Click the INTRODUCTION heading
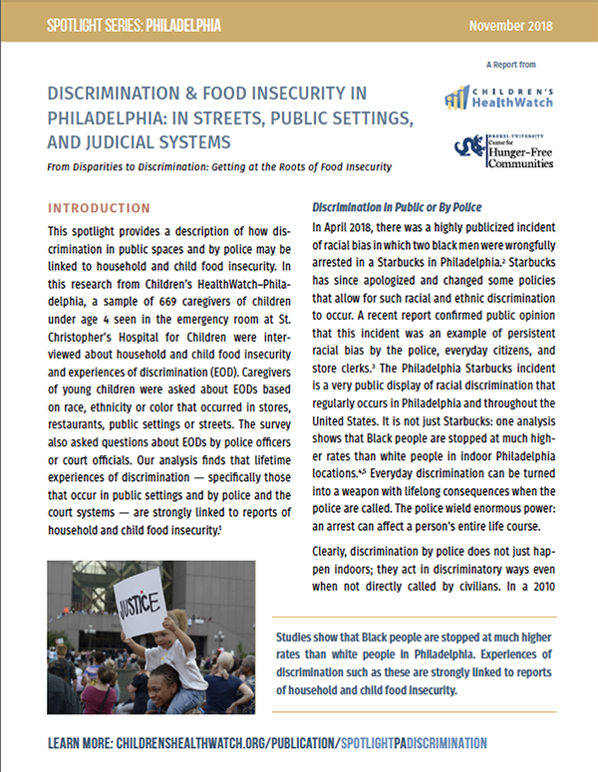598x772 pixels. (99, 208)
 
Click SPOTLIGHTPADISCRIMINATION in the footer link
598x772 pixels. (416, 743)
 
